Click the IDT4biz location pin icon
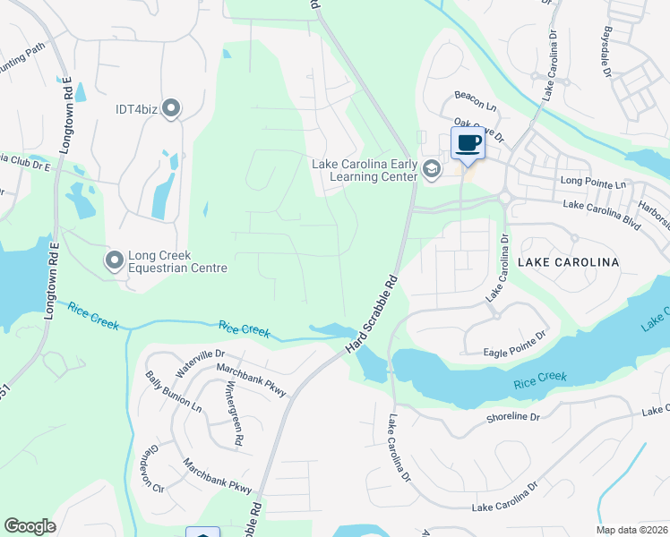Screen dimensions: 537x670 pyautogui.click(x=171, y=109)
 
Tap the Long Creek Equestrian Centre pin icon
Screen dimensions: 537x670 pyautogui.click(x=114, y=260)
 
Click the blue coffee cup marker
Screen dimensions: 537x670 pyautogui.click(x=468, y=142)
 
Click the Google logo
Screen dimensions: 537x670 pyautogui.click(x=30, y=525)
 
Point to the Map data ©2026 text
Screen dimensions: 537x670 pyautogui.click(x=631, y=530)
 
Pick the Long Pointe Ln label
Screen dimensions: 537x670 pyautogui.click(x=594, y=183)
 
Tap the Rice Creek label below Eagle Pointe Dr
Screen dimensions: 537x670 pyautogui.click(x=540, y=379)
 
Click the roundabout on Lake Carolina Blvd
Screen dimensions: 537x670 pyautogui.click(x=505, y=198)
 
